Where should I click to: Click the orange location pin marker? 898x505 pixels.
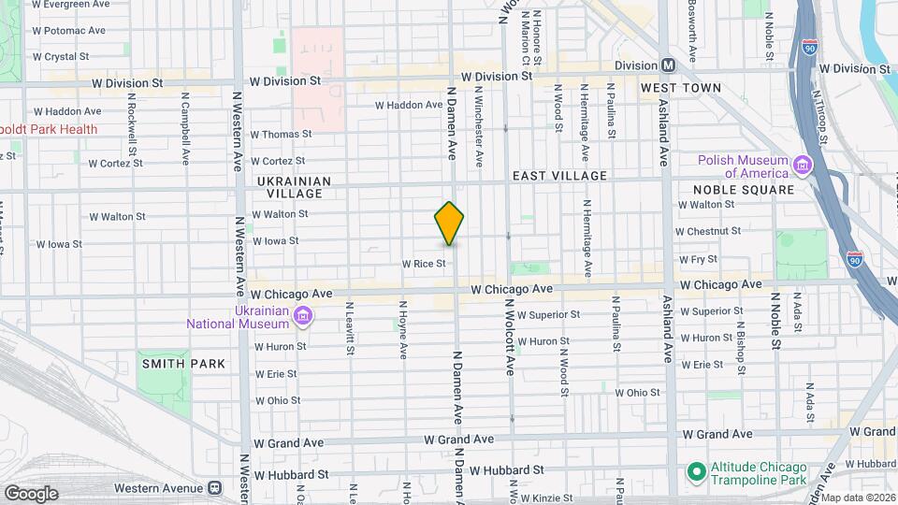449,224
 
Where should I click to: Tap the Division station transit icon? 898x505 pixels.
668,65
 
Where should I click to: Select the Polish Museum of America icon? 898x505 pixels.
802,166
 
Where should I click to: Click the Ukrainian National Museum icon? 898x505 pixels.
302,315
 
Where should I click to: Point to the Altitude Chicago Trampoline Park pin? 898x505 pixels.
695,470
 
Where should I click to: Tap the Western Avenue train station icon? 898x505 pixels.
215,487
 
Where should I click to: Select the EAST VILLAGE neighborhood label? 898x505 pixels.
559,176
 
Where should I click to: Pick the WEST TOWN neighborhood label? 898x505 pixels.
680,88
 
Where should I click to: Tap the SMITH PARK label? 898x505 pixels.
182,363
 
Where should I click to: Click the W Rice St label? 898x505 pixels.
423,265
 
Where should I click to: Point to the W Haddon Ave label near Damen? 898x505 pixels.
408,105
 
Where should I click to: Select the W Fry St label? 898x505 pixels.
696,259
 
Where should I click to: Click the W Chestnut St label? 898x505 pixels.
707,230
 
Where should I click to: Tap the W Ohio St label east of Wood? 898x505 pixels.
637,393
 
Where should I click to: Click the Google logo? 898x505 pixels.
30,494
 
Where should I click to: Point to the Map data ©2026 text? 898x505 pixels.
858,498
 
